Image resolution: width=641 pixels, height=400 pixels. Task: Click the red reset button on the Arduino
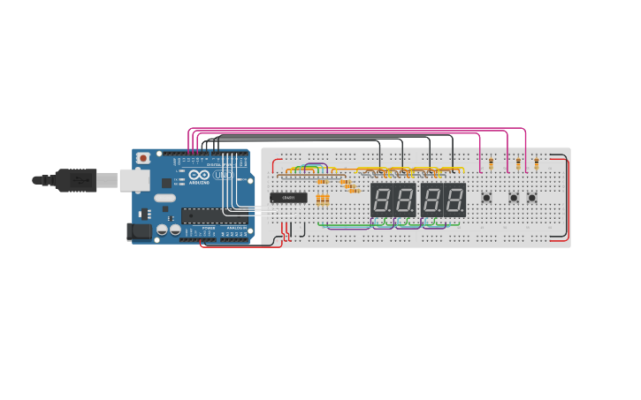tap(142, 158)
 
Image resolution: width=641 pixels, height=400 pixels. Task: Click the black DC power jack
tap(139, 232)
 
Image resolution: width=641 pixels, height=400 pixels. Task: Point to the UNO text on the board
tap(224, 176)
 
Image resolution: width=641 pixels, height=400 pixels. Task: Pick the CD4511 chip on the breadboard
tap(288, 198)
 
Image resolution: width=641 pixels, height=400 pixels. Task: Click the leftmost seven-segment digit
tap(382, 200)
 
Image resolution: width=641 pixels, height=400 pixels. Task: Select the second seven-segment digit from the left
tap(405, 200)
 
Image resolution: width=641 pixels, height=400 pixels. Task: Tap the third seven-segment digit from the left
tap(431, 200)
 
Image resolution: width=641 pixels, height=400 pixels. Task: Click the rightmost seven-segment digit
tap(454, 200)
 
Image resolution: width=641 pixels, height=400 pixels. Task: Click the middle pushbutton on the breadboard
tap(514, 197)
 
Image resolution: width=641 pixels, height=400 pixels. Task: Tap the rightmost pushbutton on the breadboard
tap(532, 197)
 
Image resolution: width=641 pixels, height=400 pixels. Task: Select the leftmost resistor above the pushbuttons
tap(492, 163)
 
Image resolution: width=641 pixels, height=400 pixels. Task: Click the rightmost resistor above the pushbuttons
tap(537, 163)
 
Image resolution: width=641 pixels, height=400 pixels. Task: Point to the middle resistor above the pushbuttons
tap(519, 163)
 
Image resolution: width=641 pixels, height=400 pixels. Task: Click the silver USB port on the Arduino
tap(131, 179)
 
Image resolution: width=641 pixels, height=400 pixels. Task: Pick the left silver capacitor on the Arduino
tap(163, 230)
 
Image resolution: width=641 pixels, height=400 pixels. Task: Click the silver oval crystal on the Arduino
tap(164, 197)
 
